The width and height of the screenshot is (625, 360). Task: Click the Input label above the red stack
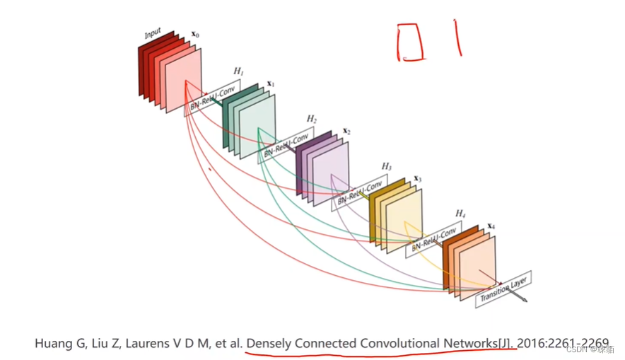(153, 34)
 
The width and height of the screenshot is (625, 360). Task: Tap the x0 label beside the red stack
(195, 34)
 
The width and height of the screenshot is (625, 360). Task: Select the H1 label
(238, 71)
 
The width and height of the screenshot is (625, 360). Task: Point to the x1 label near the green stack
(270, 84)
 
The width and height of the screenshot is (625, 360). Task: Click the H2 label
(312, 118)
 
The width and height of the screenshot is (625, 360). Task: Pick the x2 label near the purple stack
(346, 131)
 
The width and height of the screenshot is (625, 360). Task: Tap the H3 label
(386, 166)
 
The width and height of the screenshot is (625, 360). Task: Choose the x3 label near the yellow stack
(418, 179)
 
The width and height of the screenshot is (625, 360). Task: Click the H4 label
(460, 214)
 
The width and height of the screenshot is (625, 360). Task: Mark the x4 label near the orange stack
(491, 227)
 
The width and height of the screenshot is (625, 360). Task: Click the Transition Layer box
(503, 288)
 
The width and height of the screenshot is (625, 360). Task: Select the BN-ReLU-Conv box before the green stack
(211, 98)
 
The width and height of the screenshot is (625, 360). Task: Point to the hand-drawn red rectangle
(410, 41)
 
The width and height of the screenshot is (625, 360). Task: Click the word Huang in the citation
(53, 344)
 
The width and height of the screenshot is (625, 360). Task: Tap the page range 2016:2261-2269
(563, 344)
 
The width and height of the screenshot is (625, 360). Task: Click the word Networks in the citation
(470, 344)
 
